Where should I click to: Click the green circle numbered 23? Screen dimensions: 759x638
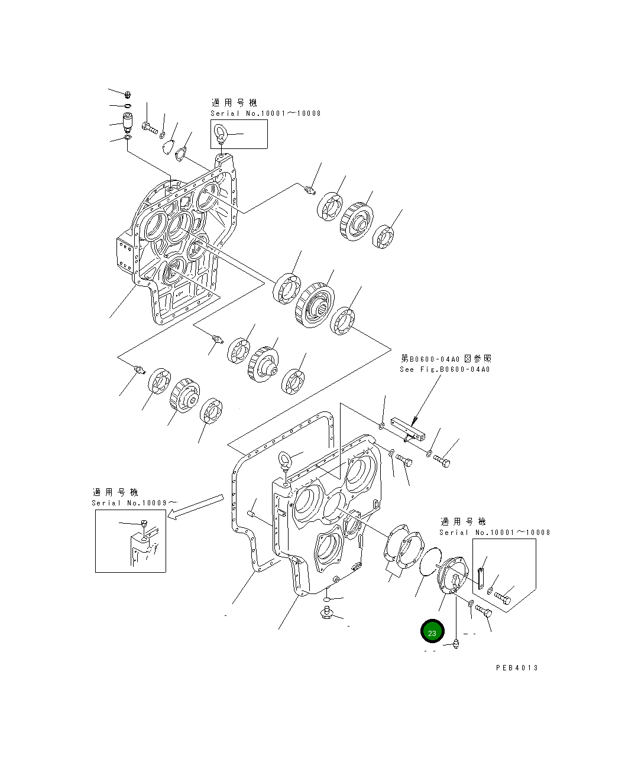tap(432, 632)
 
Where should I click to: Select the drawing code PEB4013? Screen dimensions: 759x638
tap(517, 667)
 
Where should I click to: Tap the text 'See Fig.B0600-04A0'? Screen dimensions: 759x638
tap(445, 369)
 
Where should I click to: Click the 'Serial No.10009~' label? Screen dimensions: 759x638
tap(134, 502)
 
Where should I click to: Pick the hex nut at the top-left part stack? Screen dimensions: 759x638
tap(128, 95)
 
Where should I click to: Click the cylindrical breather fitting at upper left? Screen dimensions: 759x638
tap(127, 122)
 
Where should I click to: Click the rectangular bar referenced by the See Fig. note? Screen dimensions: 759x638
tap(408, 430)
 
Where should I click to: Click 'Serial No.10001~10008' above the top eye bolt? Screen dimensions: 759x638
tap(265, 113)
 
